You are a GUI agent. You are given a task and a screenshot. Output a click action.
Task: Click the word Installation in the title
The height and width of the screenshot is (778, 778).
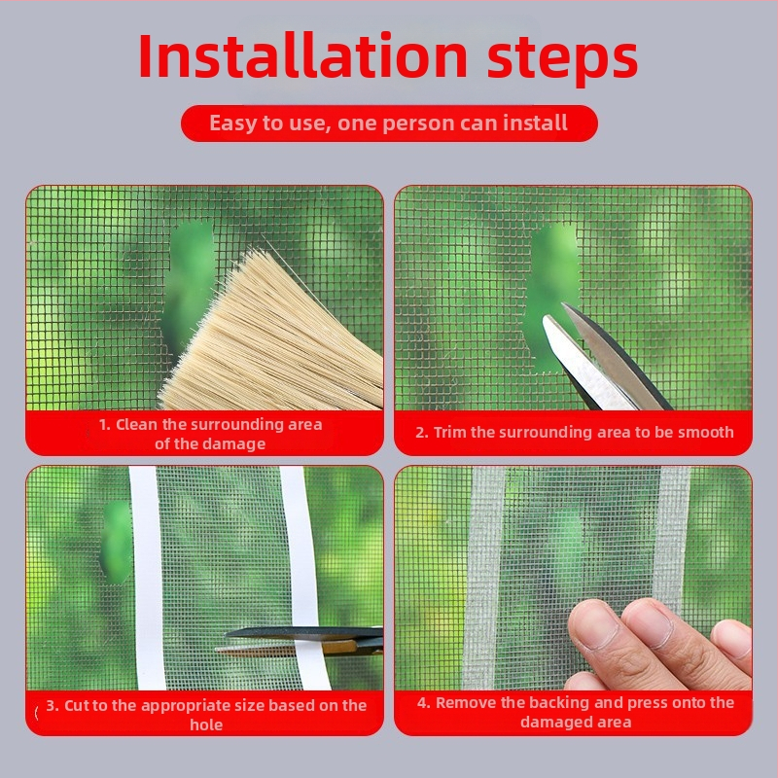pyautogui.click(x=302, y=55)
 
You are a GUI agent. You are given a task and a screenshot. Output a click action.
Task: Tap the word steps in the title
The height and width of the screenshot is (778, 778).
pyautogui.click(x=562, y=60)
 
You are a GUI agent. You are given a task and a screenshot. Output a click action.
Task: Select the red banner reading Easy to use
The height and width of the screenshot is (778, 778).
pyautogui.click(x=389, y=124)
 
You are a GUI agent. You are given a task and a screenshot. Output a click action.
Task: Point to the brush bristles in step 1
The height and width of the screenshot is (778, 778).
pyautogui.click(x=278, y=337)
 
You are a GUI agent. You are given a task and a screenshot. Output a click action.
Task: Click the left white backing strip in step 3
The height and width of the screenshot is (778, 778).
pyautogui.click(x=148, y=578)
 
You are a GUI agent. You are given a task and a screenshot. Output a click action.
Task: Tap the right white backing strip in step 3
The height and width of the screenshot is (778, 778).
pyautogui.click(x=303, y=578)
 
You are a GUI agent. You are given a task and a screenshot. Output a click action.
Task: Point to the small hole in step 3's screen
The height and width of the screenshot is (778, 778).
pyautogui.click(x=118, y=542)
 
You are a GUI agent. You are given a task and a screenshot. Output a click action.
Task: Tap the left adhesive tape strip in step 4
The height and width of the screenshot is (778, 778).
pyautogui.click(x=482, y=578)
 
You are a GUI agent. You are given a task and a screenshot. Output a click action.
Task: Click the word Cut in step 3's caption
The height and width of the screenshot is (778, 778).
pyautogui.click(x=76, y=705)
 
